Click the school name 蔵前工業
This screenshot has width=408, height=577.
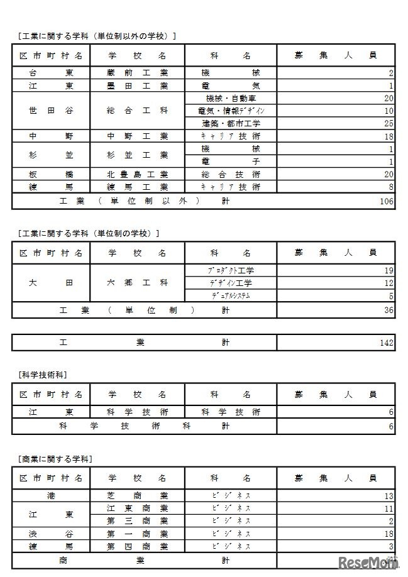pyautogui.click(x=137, y=73)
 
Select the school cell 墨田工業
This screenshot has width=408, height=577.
pyautogui.click(x=137, y=85)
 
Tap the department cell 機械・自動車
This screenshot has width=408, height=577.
pyautogui.click(x=230, y=98)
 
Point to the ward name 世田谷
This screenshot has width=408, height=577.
pyautogui.click(x=51, y=111)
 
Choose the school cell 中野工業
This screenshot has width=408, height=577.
pyautogui.click(x=137, y=136)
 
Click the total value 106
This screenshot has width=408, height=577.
pyautogui.click(x=386, y=201)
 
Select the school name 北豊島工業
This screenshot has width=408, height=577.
pyautogui.click(x=137, y=174)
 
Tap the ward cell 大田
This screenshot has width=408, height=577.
pyautogui.click(x=51, y=283)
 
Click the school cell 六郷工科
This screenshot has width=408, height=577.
pyautogui.click(x=137, y=283)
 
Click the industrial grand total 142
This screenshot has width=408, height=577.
pyautogui.click(x=386, y=343)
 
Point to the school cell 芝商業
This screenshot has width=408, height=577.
pyautogui.click(x=137, y=495)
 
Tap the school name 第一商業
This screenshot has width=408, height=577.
pyautogui.click(x=137, y=533)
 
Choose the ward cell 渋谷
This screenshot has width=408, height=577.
pyautogui.click(x=51, y=533)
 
